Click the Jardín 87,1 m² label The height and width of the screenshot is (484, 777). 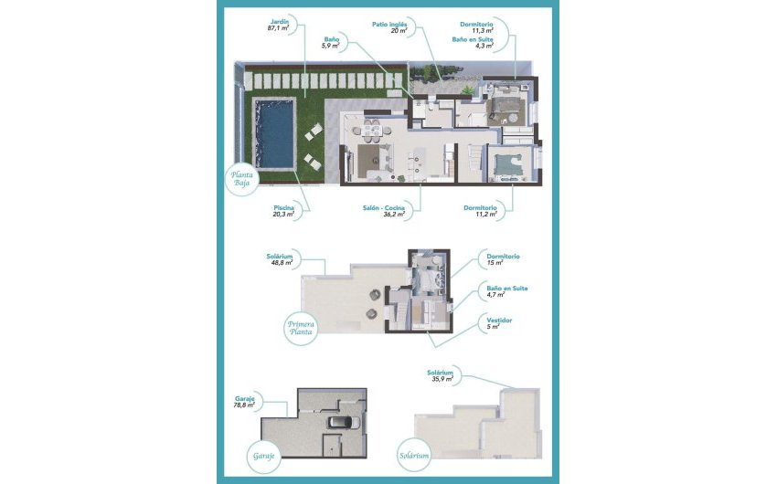278,26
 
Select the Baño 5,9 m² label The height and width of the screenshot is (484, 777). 332,44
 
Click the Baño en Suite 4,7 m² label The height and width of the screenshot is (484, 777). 506,291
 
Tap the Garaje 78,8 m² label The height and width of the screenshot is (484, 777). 244,403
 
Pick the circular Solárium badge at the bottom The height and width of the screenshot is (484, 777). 413,454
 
